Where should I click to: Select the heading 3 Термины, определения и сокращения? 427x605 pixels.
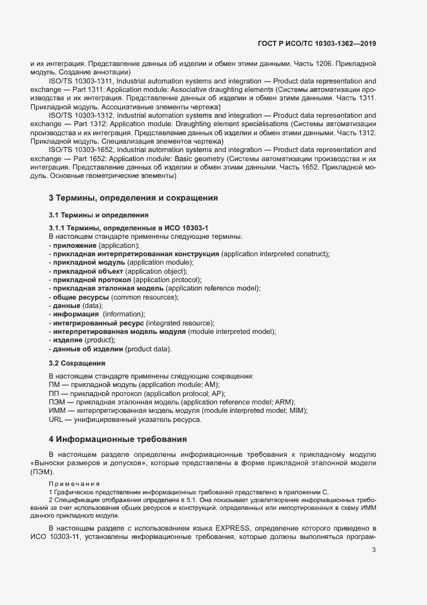pyautogui.click(x=132, y=197)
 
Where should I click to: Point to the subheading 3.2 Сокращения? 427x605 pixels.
pyautogui.click(x=77, y=364)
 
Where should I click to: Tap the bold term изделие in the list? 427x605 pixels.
pyautogui.click(x=68, y=340)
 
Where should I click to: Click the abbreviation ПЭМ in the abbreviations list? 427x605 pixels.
pyautogui.click(x=57, y=402)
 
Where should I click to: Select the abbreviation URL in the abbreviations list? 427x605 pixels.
pyautogui.click(x=57, y=419)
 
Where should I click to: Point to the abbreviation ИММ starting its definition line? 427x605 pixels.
pyautogui.click(x=57, y=411)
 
